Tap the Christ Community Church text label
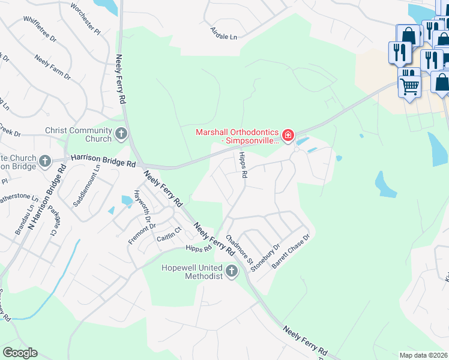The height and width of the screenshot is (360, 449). (79, 134)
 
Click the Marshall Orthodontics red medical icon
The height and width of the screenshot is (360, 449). (289, 136)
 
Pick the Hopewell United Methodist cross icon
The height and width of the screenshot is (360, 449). (232, 272)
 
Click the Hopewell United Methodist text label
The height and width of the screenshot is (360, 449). (192, 272)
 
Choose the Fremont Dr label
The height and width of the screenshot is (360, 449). (142, 234)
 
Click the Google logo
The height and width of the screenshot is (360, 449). (20, 353)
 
